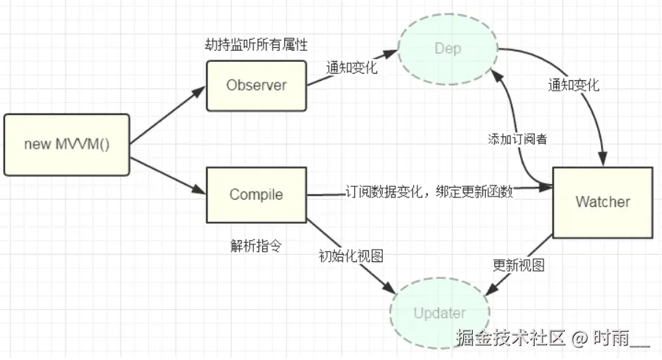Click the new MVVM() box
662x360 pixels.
[66, 144]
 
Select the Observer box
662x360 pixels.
[256, 85]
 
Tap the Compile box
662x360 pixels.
[256, 194]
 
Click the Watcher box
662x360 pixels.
[602, 202]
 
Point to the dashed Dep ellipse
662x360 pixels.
[448, 49]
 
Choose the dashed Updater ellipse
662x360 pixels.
[440, 313]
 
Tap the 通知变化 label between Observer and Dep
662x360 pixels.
[351, 68]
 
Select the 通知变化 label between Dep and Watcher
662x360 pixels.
[573, 85]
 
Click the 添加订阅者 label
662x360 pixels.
[517, 138]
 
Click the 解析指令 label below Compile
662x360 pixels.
[256, 246]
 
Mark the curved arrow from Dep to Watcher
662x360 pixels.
[582, 96]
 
